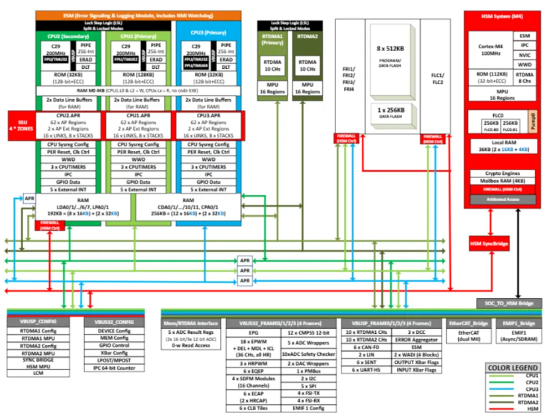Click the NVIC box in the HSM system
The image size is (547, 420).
(x=524, y=56)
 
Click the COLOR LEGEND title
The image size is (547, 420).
(x=512, y=368)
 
